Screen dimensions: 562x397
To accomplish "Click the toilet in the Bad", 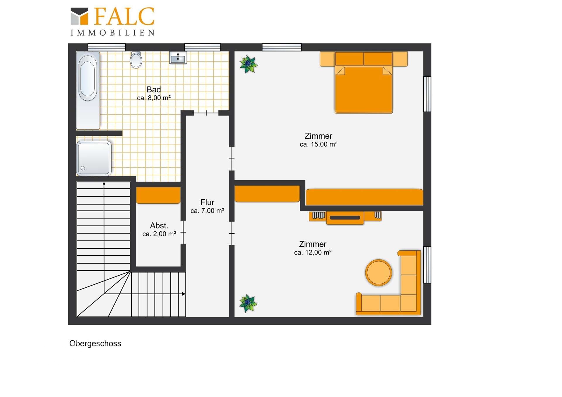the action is point(136,60).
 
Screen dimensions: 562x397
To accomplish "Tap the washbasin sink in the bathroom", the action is point(178,58).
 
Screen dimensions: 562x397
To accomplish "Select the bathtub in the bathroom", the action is point(88,90).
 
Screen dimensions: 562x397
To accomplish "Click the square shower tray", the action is point(94,158).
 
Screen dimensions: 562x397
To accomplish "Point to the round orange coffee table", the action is point(378,272).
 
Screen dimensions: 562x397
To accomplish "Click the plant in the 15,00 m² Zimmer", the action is point(249,64).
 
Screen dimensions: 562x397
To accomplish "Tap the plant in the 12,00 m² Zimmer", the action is point(248,303).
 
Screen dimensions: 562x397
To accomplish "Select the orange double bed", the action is point(364,82).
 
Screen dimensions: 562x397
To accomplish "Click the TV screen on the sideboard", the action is point(345,217).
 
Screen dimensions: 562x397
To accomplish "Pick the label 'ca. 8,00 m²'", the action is point(154,98).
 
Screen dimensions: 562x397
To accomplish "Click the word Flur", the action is point(207,202).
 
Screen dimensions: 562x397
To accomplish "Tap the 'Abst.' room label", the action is point(159,226).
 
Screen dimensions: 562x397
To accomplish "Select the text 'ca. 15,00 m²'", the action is point(318,144).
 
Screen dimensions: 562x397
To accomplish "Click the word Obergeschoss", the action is point(95,343).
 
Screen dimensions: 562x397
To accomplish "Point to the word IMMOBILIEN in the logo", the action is point(113,33).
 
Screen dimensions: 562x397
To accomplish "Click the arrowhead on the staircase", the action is point(184,294).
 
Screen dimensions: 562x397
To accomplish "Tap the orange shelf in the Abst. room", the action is point(158,195).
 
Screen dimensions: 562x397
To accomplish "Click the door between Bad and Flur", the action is point(206,113).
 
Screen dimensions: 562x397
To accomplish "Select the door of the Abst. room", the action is point(183,232).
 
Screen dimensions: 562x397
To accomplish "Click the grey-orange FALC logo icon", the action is point(79,16).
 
